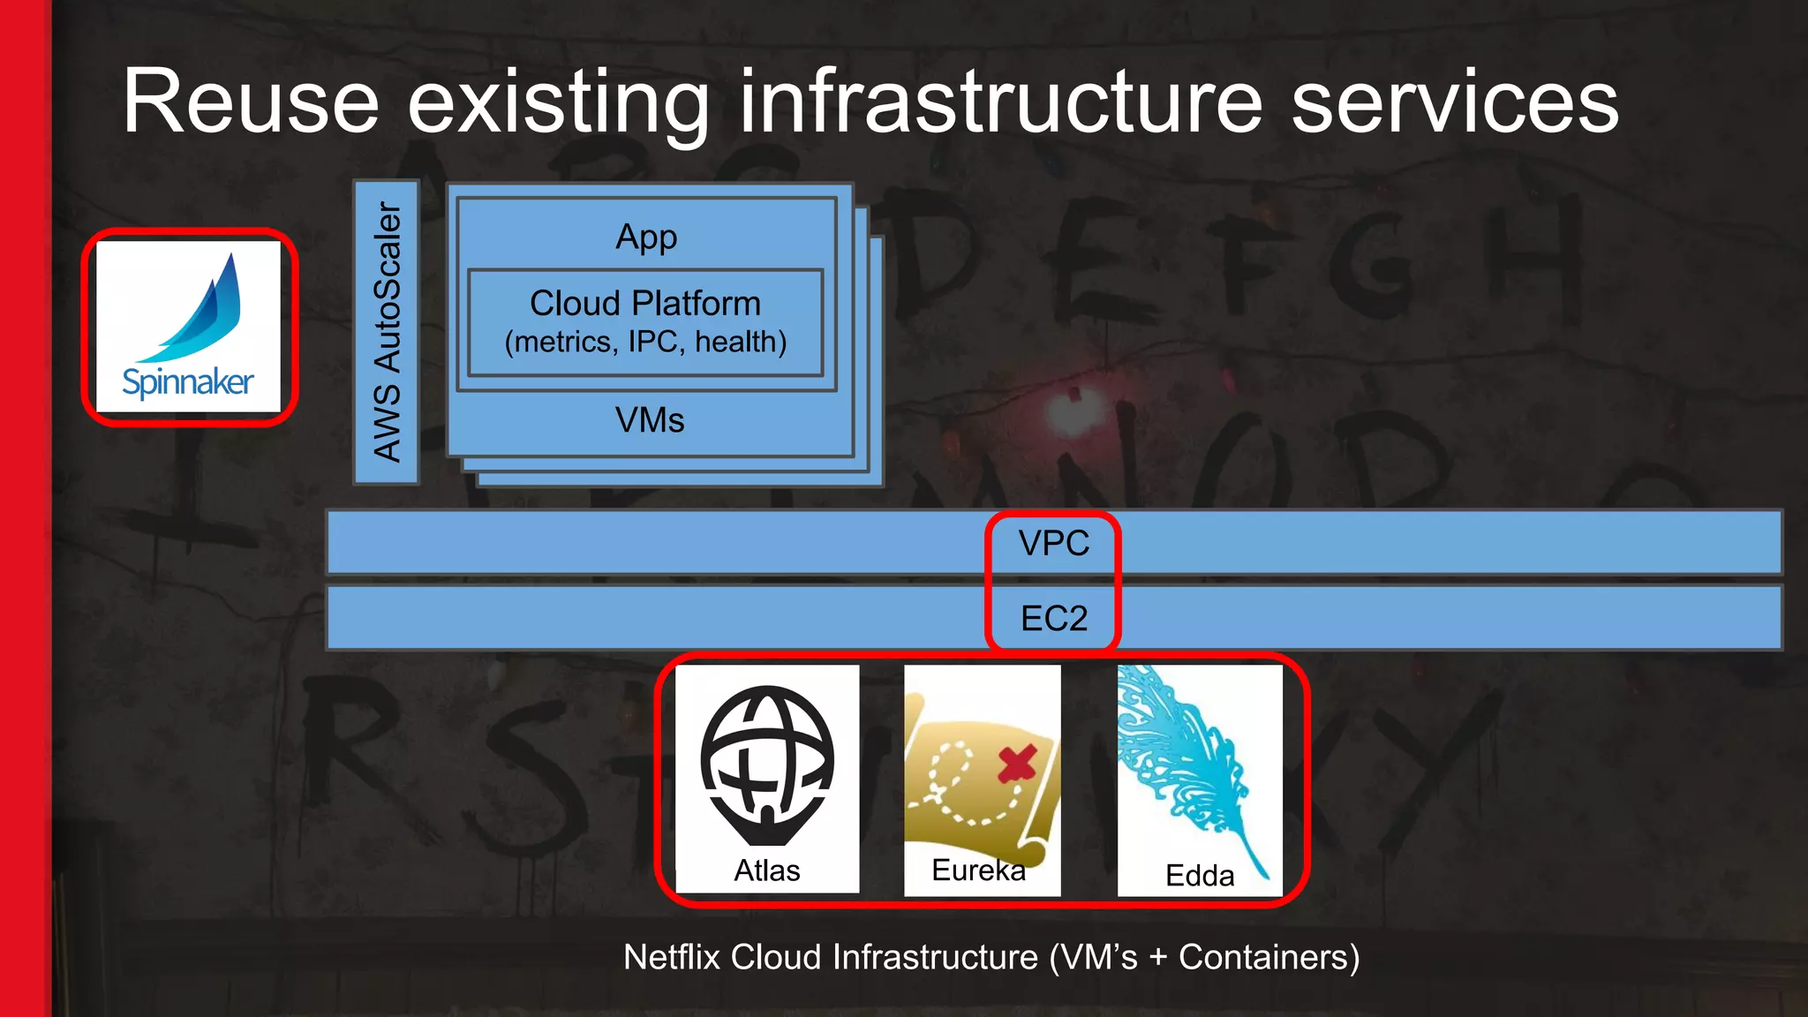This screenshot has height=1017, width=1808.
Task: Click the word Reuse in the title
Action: (x=251, y=102)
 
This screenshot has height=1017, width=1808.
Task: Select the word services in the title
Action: (x=1454, y=102)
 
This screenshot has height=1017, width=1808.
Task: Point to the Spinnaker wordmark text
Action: (x=188, y=382)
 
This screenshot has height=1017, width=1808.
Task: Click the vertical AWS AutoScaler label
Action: (x=387, y=332)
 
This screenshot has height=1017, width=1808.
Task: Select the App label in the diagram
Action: (x=646, y=237)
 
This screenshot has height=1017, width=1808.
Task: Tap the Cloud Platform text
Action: (x=645, y=304)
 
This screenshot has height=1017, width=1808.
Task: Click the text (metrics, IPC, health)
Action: (x=645, y=342)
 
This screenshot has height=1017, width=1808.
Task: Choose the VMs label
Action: (x=650, y=420)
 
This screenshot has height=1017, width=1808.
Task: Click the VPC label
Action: (x=1053, y=543)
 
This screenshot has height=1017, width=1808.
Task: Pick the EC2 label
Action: (x=1053, y=618)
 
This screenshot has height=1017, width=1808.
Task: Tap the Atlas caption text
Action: (x=766, y=870)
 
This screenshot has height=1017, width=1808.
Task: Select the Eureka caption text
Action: (x=978, y=870)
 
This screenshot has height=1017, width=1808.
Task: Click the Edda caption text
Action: (x=1199, y=876)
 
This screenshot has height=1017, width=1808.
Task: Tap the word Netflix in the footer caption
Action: (x=672, y=957)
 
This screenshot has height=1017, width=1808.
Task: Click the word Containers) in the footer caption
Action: (x=1269, y=957)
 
